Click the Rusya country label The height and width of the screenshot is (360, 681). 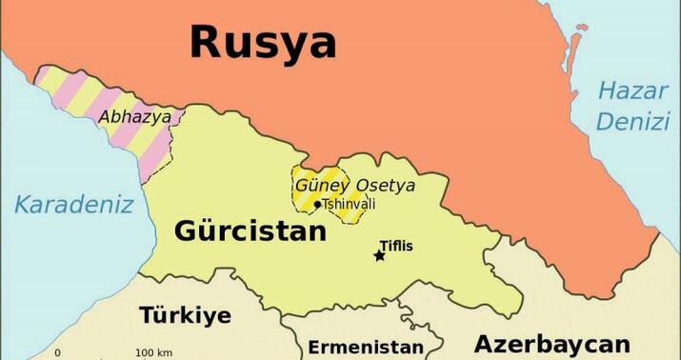[263, 43]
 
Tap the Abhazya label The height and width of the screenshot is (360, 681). [135, 117]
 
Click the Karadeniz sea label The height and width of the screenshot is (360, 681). [73, 204]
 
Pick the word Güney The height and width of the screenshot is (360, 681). [322, 185]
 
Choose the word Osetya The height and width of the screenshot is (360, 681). [385, 185]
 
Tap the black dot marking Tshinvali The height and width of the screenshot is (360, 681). [317, 204]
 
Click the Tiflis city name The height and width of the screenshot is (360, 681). [396, 246]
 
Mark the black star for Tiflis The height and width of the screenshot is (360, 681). [379, 255]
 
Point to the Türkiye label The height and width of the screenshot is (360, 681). [185, 316]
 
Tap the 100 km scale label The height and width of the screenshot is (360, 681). [153, 353]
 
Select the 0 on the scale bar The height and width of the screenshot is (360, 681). [57, 353]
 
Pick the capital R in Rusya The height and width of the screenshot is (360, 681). [210, 43]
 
